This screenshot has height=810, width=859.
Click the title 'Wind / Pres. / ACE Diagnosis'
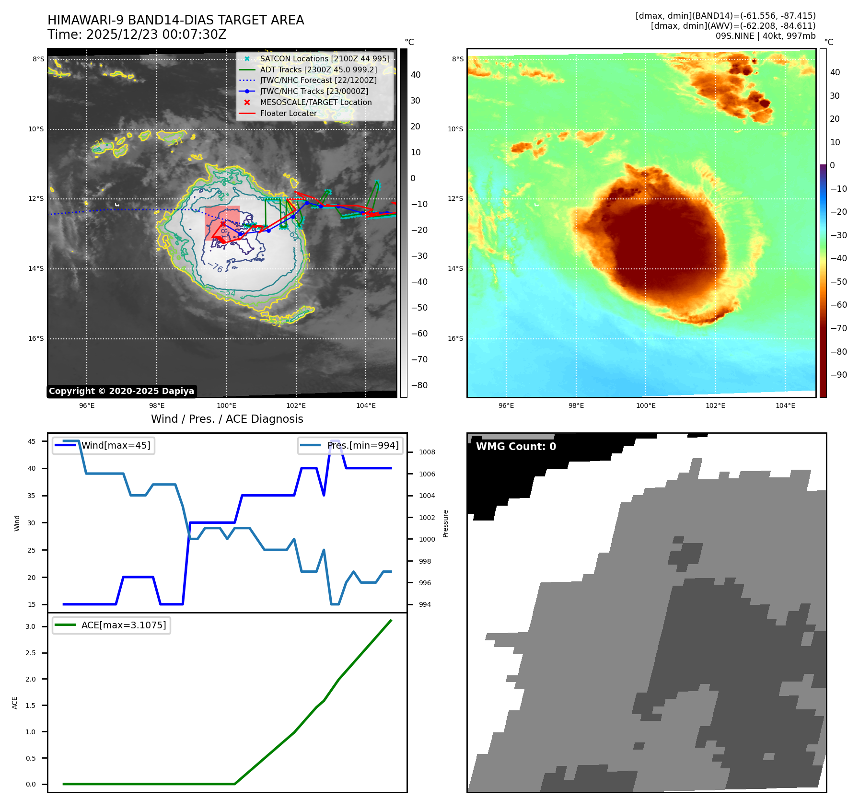tap(227, 419)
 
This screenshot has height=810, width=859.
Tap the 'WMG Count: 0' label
tap(516, 447)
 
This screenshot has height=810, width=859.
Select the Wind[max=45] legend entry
tap(116, 445)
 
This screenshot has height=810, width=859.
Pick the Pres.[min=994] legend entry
tap(362, 445)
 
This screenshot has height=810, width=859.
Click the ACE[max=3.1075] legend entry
tap(123, 625)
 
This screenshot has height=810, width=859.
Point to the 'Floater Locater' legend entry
tap(288, 113)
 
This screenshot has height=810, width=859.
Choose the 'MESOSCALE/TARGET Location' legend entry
tap(315, 102)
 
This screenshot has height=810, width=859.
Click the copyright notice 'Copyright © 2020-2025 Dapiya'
tap(121, 391)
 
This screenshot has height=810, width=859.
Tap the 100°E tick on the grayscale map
tap(226, 405)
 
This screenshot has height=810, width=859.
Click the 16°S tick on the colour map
tap(455, 338)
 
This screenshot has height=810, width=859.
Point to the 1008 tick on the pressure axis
tap(427, 452)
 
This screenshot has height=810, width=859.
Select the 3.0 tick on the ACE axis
tap(31, 626)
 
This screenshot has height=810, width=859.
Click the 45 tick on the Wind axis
tap(32, 441)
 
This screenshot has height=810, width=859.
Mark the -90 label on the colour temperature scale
tap(838, 375)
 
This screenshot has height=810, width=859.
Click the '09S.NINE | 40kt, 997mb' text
tap(765, 36)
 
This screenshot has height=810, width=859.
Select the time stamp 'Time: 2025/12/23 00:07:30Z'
tap(137, 35)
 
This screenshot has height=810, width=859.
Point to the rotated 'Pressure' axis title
tap(445, 523)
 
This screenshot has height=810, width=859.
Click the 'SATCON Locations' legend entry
tap(325, 58)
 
